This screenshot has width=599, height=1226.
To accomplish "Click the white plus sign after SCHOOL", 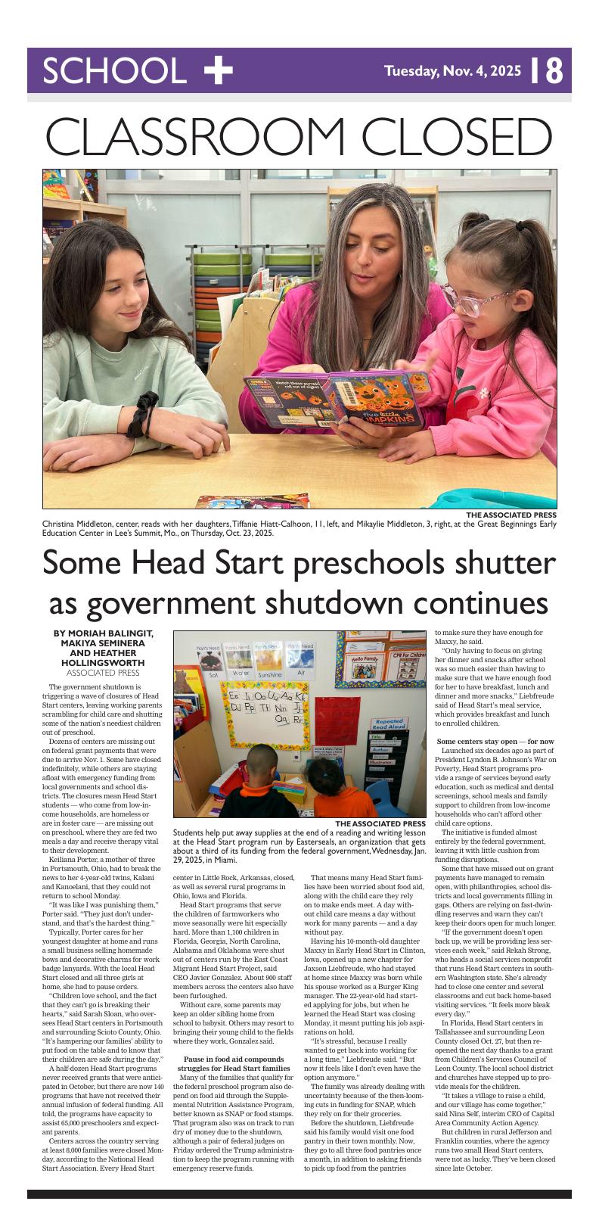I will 219,70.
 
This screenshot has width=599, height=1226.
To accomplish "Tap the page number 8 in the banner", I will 554,71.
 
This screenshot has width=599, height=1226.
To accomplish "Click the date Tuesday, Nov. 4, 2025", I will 452,71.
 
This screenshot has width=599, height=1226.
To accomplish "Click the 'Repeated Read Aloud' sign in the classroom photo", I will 389,724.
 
